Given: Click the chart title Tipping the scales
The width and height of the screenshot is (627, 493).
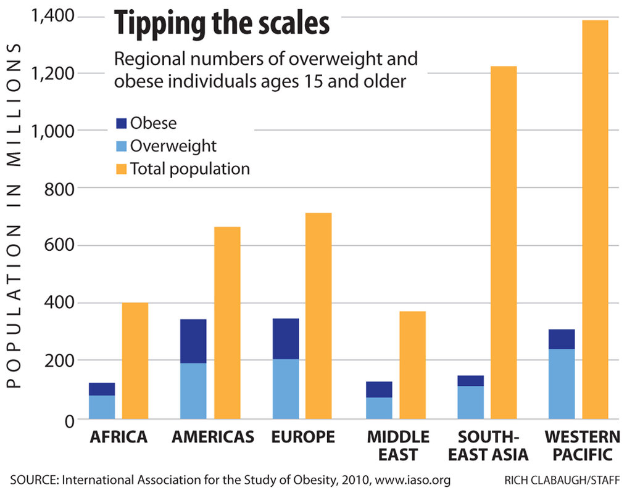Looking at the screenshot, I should click(x=222, y=24).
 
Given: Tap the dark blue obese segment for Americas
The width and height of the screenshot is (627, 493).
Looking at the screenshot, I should click(x=193, y=341).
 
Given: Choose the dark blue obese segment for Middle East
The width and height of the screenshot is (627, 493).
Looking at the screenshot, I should click(x=379, y=389).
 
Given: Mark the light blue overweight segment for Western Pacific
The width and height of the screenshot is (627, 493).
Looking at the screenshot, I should click(x=562, y=384).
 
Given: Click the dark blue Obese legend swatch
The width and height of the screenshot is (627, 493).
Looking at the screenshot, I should click(x=122, y=123).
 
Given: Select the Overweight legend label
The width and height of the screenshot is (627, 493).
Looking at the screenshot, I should click(x=173, y=146).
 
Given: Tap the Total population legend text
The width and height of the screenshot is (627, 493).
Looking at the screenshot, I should click(x=189, y=169).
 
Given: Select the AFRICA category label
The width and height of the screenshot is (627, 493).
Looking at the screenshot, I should click(x=118, y=438).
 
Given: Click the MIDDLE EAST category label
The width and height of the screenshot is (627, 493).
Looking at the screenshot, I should click(x=398, y=446).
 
